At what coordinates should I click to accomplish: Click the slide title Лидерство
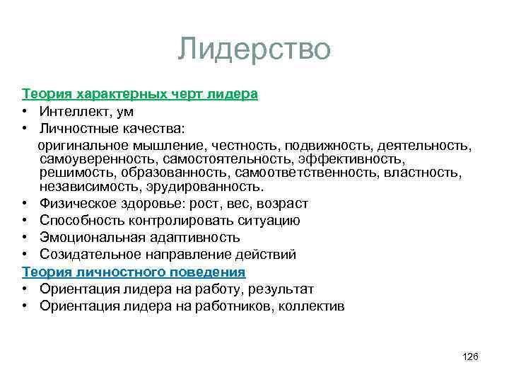254,50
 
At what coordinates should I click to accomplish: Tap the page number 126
470,357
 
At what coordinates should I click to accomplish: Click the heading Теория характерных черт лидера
139,93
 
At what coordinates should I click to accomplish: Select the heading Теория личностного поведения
133,272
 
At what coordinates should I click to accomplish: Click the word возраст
282,204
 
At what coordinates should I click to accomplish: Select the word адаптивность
194,238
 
